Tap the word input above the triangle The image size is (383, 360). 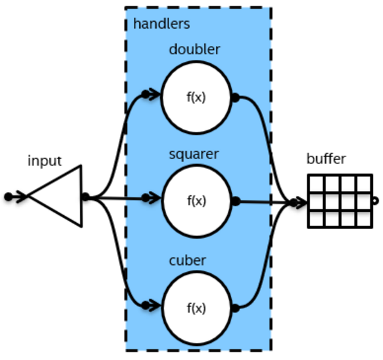tap(45, 160)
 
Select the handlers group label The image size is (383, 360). tap(161, 24)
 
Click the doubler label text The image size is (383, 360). tap(195, 49)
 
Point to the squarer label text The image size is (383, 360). tap(194, 154)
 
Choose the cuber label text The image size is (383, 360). tap(187, 260)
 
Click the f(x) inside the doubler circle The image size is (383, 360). tap(196, 98)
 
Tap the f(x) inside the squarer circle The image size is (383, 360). tap(196, 200)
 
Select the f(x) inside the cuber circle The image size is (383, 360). tap(196, 308)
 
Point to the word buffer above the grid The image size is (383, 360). tap(326, 159)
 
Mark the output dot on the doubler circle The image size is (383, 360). tap(235, 98)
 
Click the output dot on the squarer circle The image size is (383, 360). tap(236, 201)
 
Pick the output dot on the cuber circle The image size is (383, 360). tap(235, 308)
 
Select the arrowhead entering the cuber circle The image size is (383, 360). tap(151, 304)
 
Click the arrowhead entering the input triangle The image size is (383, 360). tap(17, 197)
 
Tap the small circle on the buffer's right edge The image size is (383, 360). tap(375, 201)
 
